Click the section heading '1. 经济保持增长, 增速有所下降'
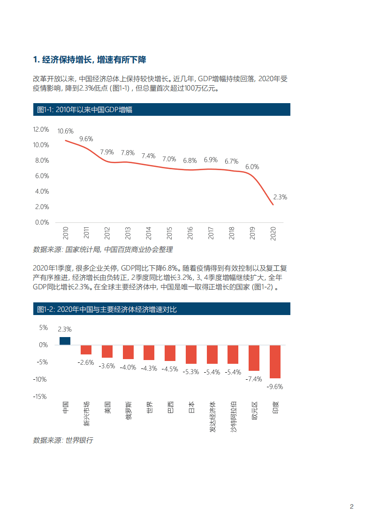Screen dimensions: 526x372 [90, 60]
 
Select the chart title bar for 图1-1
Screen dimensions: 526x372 [161, 110]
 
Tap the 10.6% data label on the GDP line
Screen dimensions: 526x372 [65, 131]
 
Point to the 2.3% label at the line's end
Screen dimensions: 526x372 [280, 197]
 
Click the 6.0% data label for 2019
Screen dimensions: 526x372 [252, 166]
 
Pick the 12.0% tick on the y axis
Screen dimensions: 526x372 [41, 129]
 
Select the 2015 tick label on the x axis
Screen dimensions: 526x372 [169, 233]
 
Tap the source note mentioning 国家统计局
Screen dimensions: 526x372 [103, 250]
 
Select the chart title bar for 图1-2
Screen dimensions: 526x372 [161, 309]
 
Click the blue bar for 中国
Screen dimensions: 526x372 [65, 341]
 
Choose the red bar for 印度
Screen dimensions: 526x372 [275, 361]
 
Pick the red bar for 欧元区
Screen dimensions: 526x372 [254, 358]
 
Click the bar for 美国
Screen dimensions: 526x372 [107, 351]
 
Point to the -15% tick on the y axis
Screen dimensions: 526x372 [40, 396]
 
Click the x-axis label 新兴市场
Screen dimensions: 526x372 [86, 414]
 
